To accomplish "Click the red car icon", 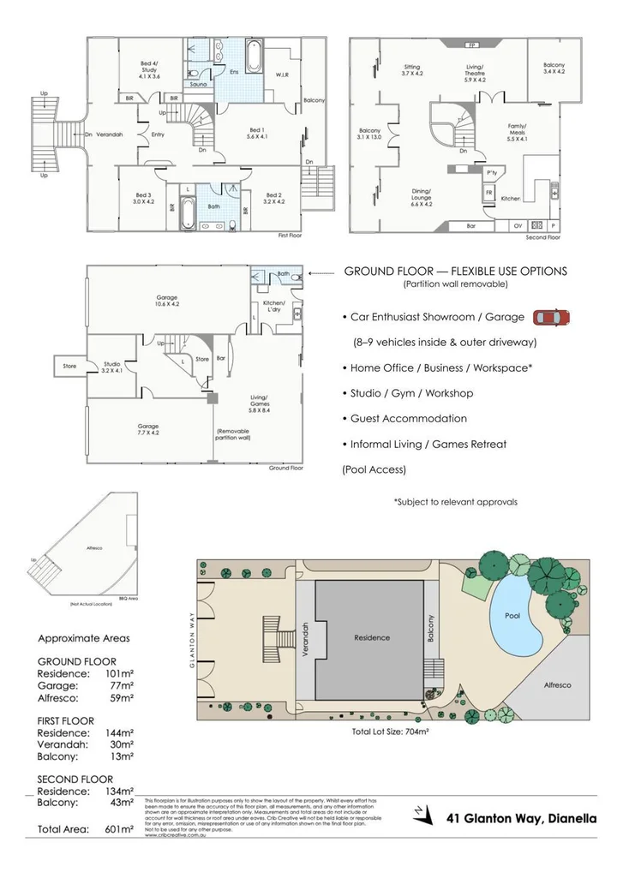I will pos(550,318).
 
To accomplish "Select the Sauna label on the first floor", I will pos(199,85).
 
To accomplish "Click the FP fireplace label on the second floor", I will pos(470,44).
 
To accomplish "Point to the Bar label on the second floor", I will pos(470,226).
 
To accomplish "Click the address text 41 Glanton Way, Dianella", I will pos(523,819).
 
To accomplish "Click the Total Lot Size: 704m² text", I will pos(390,732).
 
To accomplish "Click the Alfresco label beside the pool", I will pos(557,685).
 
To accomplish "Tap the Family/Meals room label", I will pos(517,132).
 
